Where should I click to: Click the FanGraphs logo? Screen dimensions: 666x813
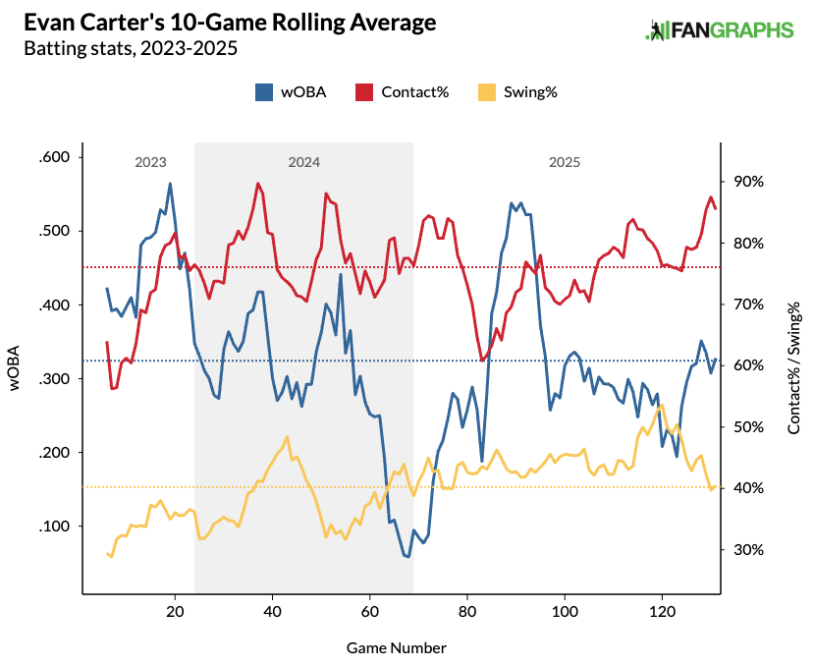tap(720, 30)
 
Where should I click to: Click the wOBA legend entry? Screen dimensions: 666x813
tap(291, 92)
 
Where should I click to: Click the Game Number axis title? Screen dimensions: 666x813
tap(397, 648)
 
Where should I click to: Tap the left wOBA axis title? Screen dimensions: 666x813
tap(16, 369)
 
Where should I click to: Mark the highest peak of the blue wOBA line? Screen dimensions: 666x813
tap(170, 184)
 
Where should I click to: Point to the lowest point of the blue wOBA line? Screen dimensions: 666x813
tap(407, 557)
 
